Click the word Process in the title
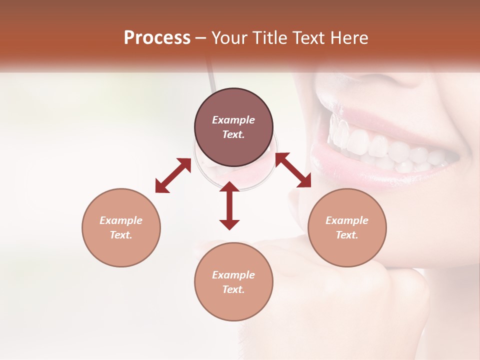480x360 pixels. pos(157,38)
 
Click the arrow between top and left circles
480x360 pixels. pos(173,175)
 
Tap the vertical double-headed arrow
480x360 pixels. pos(229,205)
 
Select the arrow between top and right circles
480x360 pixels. pos(293,170)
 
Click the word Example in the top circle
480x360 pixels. pos(233,120)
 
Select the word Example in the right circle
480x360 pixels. pos(347,220)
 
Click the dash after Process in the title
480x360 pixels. pos(201,38)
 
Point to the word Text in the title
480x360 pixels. pos(308,38)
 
